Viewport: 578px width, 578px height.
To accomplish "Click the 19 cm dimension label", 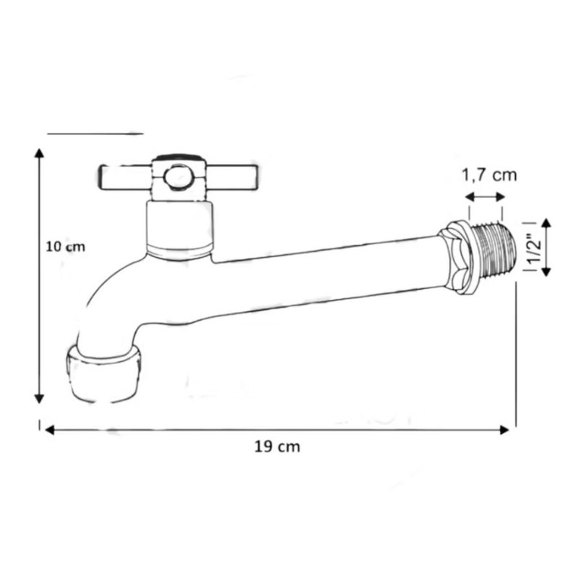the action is coord(277,447).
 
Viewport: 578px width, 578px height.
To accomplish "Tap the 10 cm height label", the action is coord(65,246).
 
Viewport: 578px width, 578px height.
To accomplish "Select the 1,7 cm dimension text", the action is coord(490,175).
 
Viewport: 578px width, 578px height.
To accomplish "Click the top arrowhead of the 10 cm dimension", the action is coord(39,152).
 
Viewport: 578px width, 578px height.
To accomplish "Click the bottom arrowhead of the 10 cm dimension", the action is coord(39,399).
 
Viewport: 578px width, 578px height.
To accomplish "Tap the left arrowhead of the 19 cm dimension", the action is coord(50,430).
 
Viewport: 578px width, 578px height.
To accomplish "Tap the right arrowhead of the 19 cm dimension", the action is coord(504,430).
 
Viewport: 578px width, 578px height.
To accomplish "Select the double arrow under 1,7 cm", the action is coord(485,197).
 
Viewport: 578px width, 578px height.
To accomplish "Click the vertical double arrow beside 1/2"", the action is coord(547,247).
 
